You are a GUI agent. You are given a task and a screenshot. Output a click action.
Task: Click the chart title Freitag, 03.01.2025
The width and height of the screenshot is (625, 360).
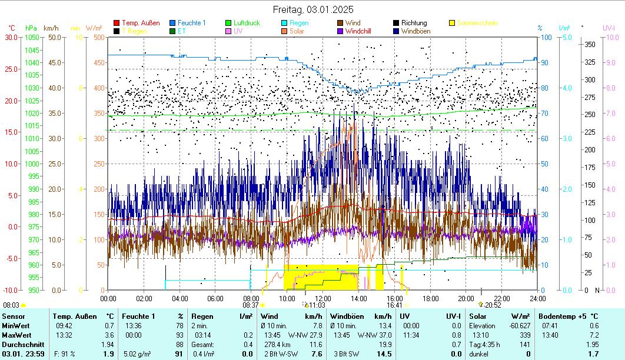pyautogui.click(x=312, y=9)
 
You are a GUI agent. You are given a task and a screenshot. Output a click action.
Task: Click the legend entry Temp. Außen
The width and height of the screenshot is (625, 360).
pyautogui.click(x=140, y=23)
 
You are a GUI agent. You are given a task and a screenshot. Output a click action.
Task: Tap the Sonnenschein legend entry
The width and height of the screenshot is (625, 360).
pyautogui.click(x=477, y=23)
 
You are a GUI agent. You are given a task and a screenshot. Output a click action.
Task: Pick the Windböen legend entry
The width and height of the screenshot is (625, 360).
pyautogui.click(x=414, y=31)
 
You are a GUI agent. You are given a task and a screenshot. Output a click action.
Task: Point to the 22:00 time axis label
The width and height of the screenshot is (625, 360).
pyautogui.click(x=501, y=298)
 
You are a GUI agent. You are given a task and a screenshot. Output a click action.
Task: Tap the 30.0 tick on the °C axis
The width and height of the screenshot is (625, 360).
pyautogui.click(x=11, y=37)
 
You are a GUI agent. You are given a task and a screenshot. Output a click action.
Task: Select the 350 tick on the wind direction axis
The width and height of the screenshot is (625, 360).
pyautogui.click(x=589, y=45)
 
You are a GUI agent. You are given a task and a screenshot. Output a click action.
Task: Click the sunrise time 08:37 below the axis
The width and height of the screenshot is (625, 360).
pyautogui.click(x=250, y=305)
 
